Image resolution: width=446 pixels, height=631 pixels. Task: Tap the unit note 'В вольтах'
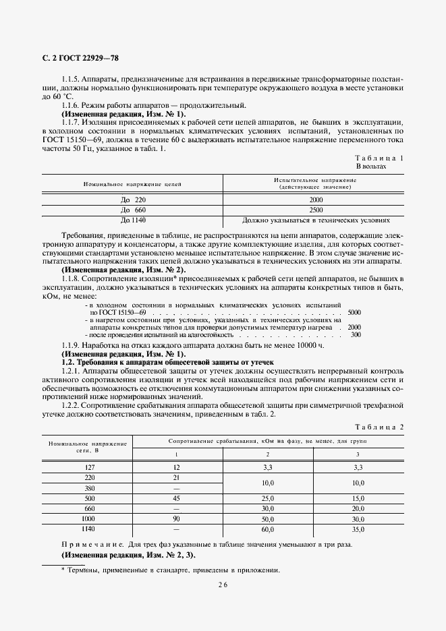370,166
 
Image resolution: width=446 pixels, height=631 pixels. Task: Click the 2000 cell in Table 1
316,200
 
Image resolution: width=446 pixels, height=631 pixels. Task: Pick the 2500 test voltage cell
316,210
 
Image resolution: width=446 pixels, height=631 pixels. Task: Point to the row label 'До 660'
133,210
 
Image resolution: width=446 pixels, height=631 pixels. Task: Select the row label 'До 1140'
133,220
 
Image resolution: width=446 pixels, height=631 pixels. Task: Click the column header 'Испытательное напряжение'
315,179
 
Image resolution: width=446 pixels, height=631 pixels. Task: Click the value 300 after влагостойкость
356,334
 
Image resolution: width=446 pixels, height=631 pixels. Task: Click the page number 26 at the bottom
223,585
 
